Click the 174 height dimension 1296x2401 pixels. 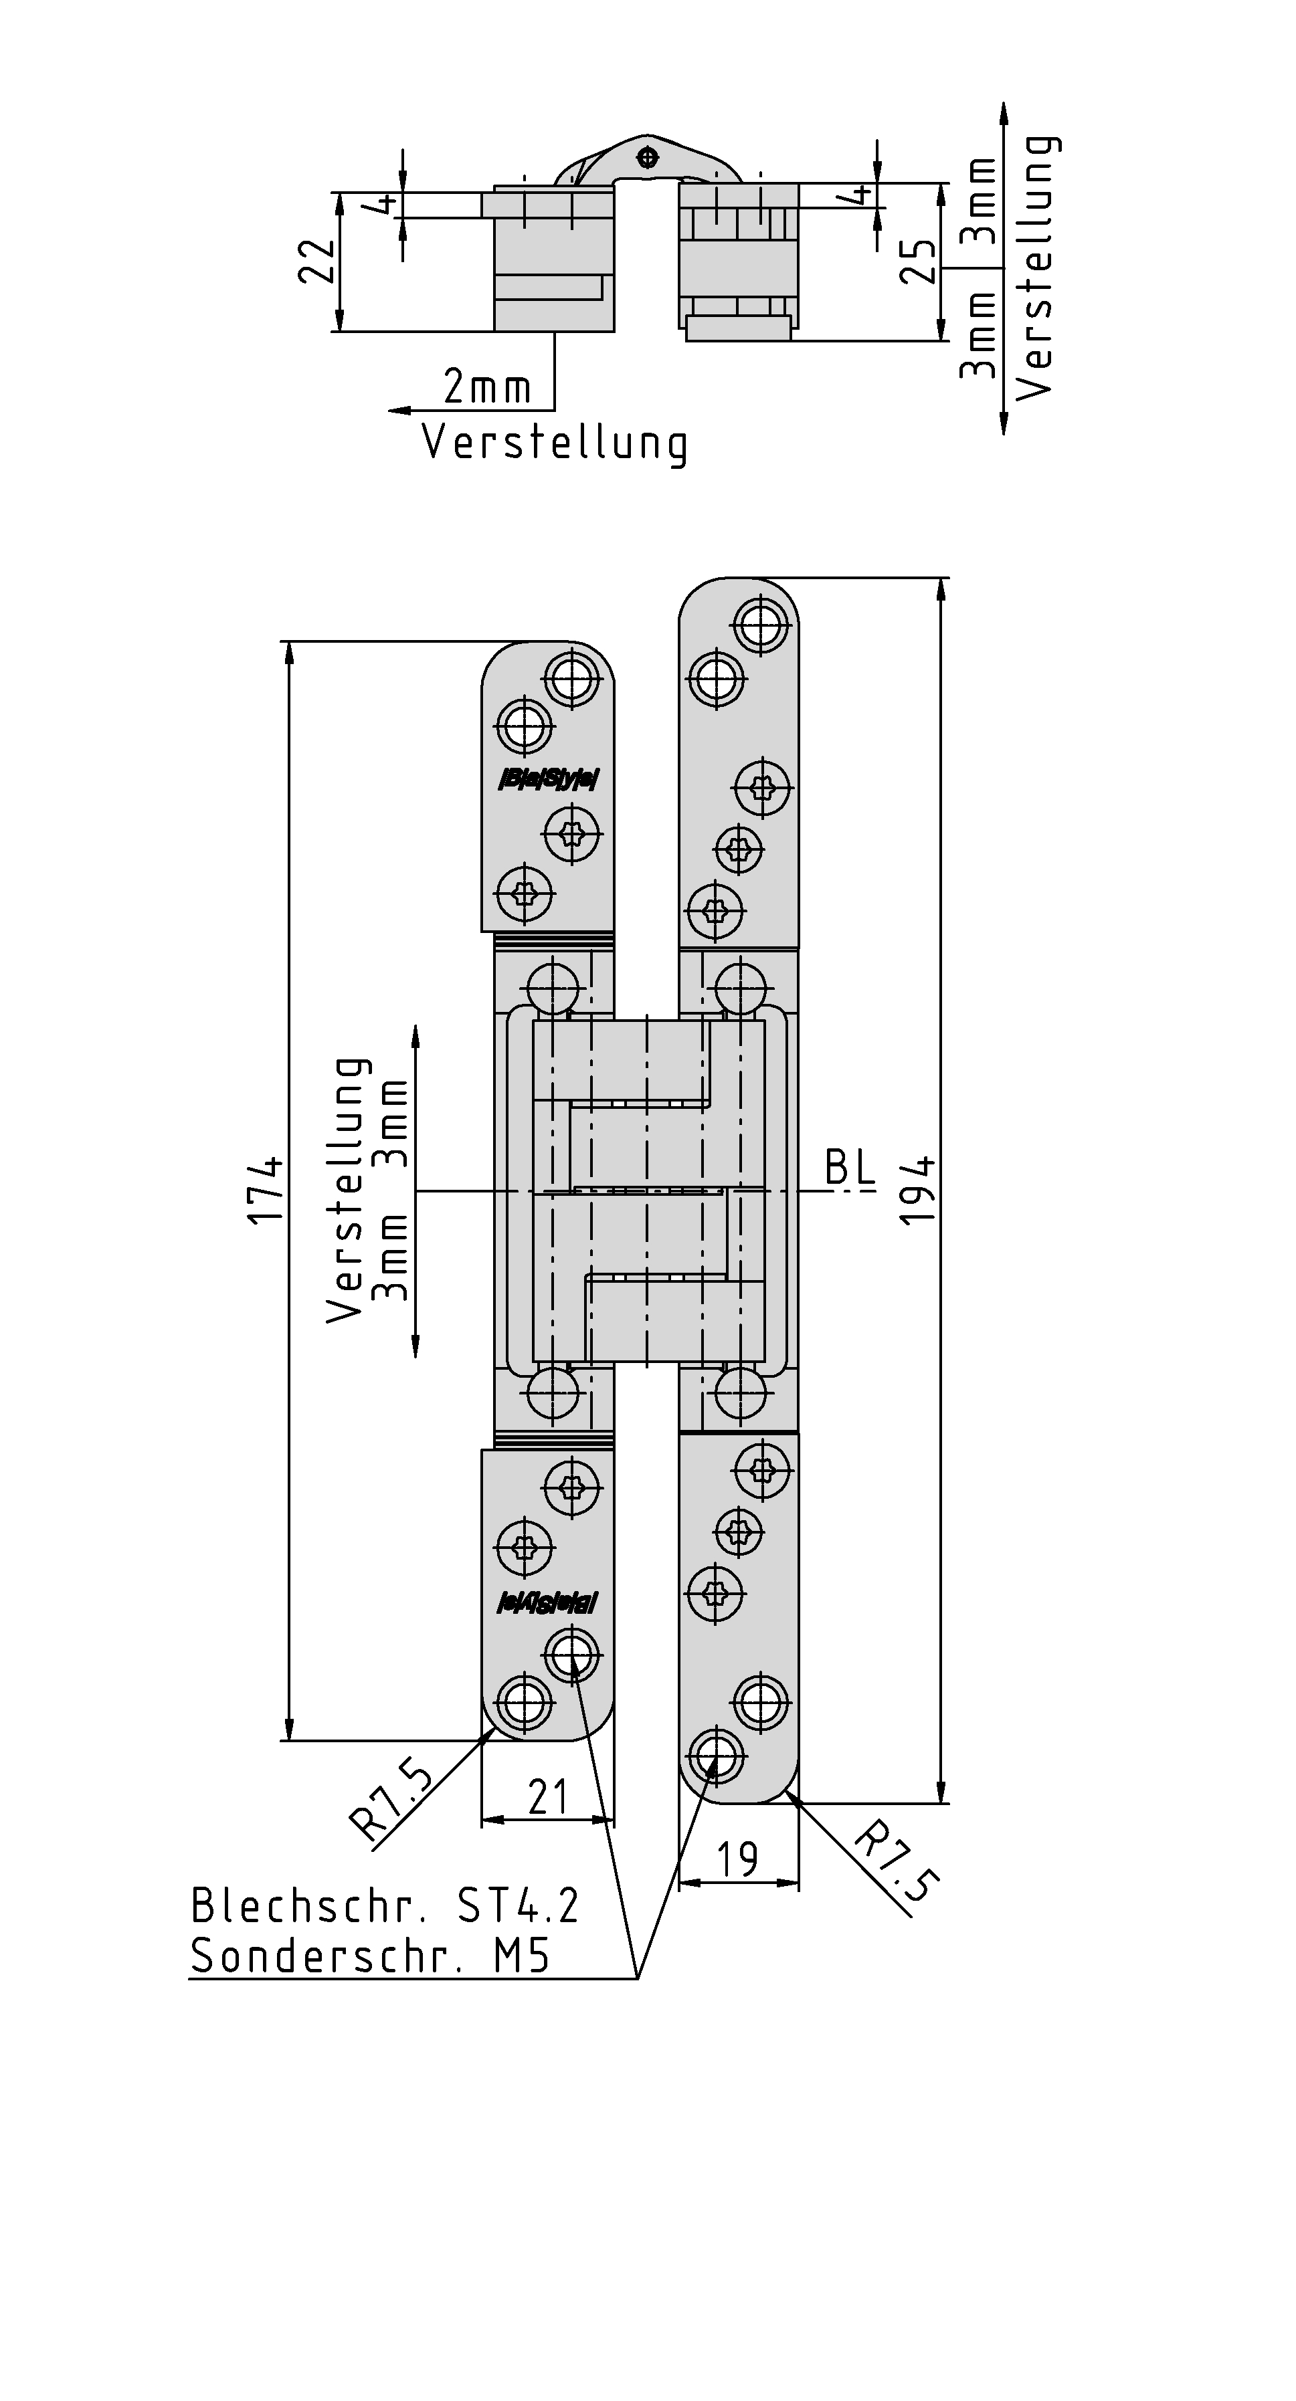(267, 1190)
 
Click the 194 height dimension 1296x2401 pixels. (919, 1190)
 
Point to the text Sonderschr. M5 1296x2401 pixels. (370, 1956)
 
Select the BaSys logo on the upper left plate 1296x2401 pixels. (548, 778)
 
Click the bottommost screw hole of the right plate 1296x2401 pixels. (715, 1755)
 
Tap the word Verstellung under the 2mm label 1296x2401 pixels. (555, 443)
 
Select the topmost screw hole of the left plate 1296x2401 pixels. (571, 677)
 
